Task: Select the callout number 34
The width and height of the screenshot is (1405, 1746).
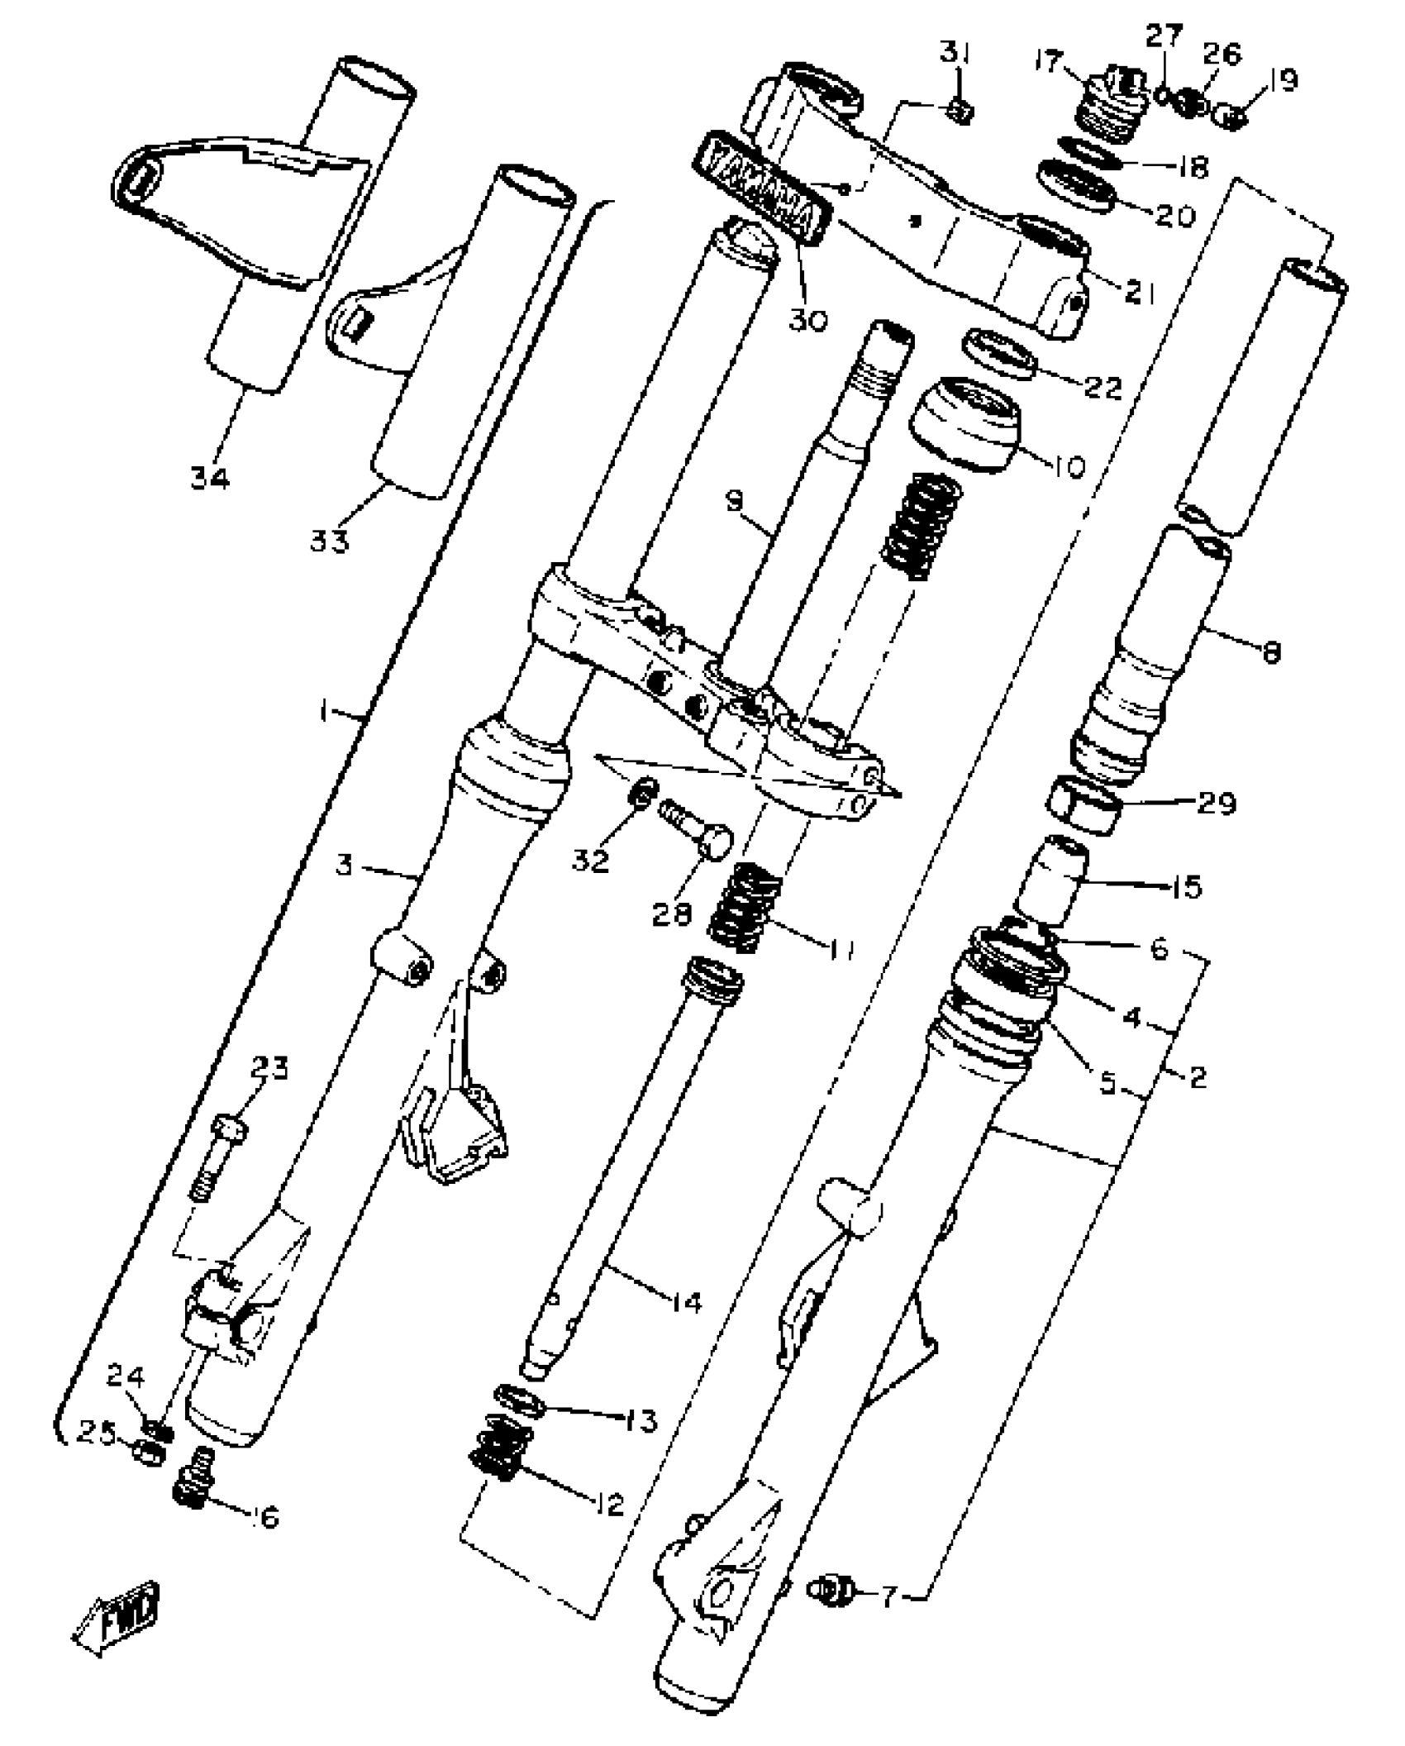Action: click(210, 478)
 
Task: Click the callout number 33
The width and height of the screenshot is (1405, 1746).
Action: click(330, 541)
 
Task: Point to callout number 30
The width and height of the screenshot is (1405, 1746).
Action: click(807, 319)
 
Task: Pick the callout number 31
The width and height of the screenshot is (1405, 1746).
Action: click(957, 55)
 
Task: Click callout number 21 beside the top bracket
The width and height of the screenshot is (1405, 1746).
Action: click(1140, 292)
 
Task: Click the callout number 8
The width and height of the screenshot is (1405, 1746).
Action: click(1270, 654)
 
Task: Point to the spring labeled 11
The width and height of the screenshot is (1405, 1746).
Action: click(745, 906)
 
